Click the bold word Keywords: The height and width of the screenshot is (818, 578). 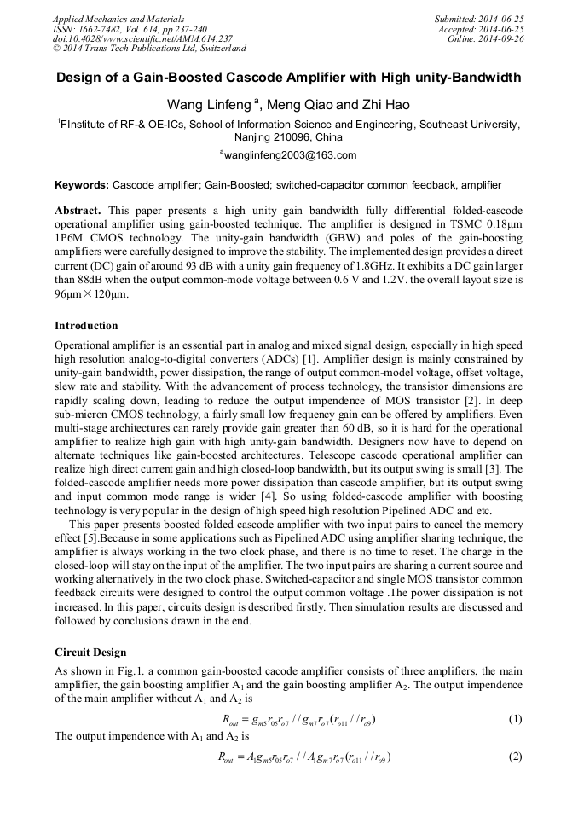point(82,185)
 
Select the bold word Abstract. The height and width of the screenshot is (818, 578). point(78,210)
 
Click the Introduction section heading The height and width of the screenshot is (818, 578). point(86,326)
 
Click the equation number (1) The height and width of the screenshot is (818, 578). point(515,719)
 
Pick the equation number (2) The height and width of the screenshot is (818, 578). point(515,757)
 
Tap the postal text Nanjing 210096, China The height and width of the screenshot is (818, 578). point(288,136)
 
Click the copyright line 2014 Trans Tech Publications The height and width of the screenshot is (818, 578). point(149,49)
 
